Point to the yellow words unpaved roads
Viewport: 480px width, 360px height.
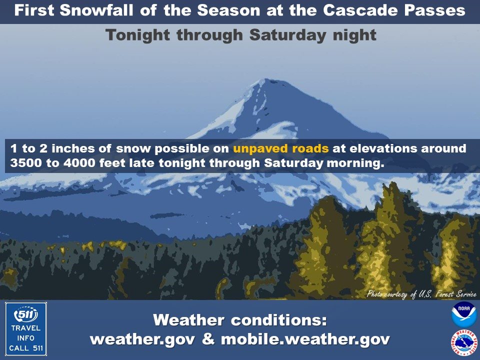point(280,148)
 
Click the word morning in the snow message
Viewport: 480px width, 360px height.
point(355,163)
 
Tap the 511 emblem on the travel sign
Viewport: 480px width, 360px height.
point(26,314)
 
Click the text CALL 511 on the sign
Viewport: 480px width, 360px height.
point(26,348)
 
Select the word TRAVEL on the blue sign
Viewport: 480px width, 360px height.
point(26,328)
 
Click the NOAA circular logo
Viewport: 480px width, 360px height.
point(464,314)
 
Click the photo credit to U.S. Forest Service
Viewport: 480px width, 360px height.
point(421,294)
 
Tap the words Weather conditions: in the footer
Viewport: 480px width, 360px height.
point(240,320)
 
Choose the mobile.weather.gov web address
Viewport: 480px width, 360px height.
point(305,339)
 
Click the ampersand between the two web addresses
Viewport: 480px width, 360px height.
point(208,339)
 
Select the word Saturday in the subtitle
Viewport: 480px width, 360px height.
point(288,35)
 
